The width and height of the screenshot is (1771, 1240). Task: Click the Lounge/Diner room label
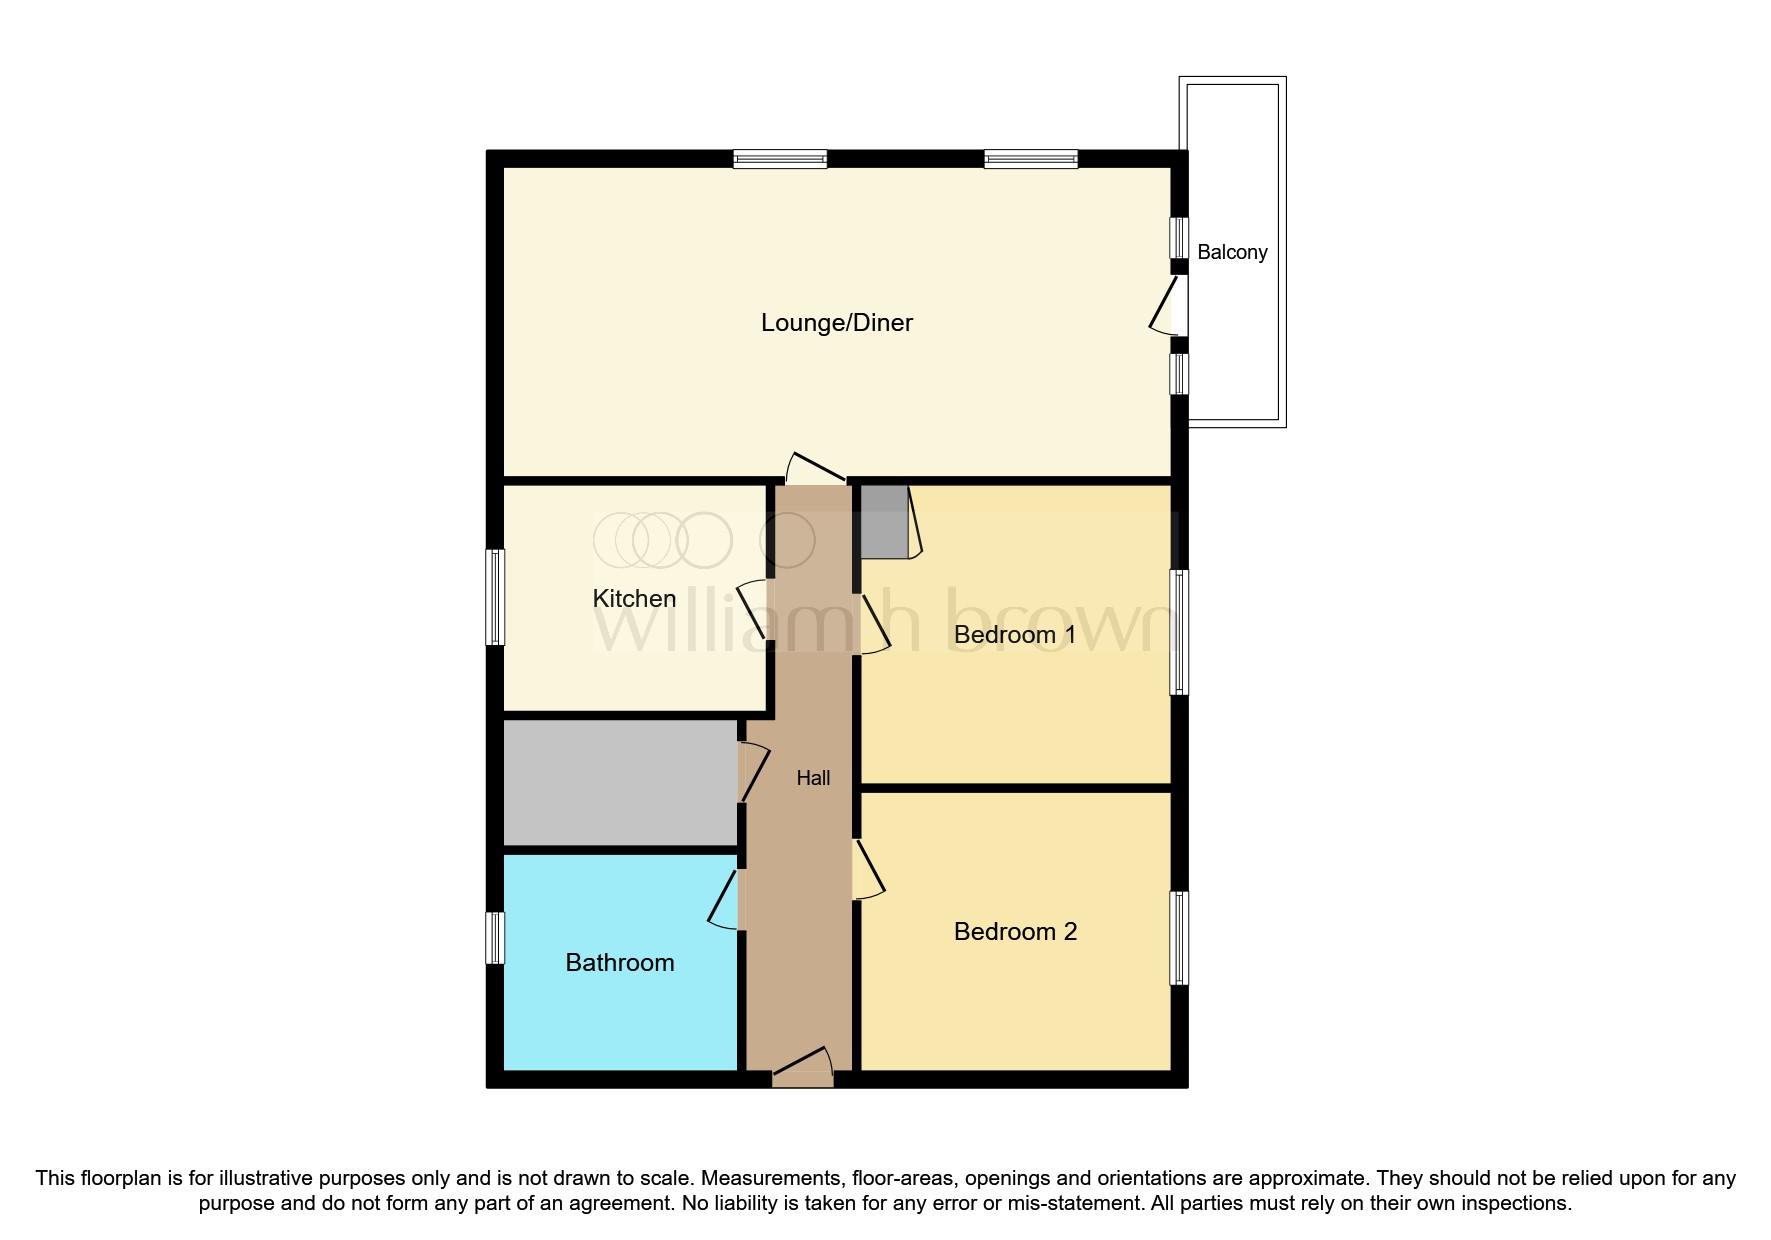click(x=836, y=323)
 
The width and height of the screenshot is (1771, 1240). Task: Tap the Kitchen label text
click(x=634, y=599)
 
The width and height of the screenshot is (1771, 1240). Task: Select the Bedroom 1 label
click(x=1015, y=635)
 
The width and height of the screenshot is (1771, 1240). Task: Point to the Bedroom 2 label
click(x=1015, y=932)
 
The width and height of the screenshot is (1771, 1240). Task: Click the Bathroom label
click(x=620, y=963)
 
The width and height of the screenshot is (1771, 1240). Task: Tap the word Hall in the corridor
click(x=813, y=778)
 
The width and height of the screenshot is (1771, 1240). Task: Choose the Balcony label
click(x=1232, y=253)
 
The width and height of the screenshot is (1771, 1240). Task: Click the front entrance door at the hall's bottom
click(x=803, y=1068)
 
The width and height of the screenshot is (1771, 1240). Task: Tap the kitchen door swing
click(x=754, y=609)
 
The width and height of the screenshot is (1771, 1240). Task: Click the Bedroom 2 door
click(x=867, y=869)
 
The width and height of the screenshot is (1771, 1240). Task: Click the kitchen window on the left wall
click(x=495, y=597)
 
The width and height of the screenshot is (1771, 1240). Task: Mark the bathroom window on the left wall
click(x=495, y=937)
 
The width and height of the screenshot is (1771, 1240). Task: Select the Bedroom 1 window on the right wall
click(x=1179, y=632)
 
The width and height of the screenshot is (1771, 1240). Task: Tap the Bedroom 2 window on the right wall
click(x=1179, y=938)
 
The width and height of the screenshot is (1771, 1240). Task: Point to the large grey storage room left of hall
click(x=620, y=783)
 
